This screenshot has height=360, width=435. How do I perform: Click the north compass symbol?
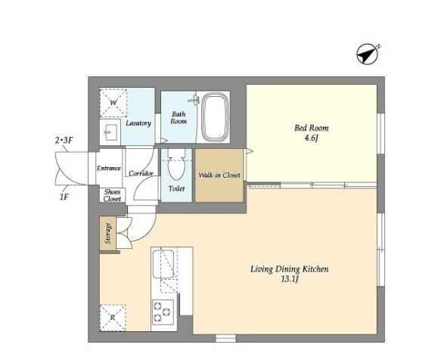(368, 54)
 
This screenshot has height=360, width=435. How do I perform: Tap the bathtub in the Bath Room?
(215, 117)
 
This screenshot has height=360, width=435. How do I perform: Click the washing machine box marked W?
(113, 103)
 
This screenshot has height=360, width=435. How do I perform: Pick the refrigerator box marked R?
(113, 318)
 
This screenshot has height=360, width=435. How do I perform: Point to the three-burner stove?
(163, 312)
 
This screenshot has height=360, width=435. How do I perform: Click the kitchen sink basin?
(163, 263)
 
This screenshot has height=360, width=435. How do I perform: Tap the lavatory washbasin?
(111, 132)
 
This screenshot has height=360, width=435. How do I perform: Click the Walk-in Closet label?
(219, 175)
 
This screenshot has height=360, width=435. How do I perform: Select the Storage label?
(108, 234)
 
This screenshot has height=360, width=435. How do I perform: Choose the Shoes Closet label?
(113, 195)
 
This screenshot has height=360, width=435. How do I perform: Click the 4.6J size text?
(311, 138)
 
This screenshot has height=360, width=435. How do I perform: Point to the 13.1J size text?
(289, 279)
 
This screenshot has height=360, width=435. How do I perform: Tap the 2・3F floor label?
(64, 141)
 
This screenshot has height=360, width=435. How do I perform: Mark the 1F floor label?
(64, 197)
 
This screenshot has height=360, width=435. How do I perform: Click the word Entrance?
(109, 168)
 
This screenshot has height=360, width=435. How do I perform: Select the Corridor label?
(141, 174)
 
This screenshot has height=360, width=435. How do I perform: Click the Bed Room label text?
(312, 128)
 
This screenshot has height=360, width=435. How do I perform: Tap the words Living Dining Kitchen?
(289, 269)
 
